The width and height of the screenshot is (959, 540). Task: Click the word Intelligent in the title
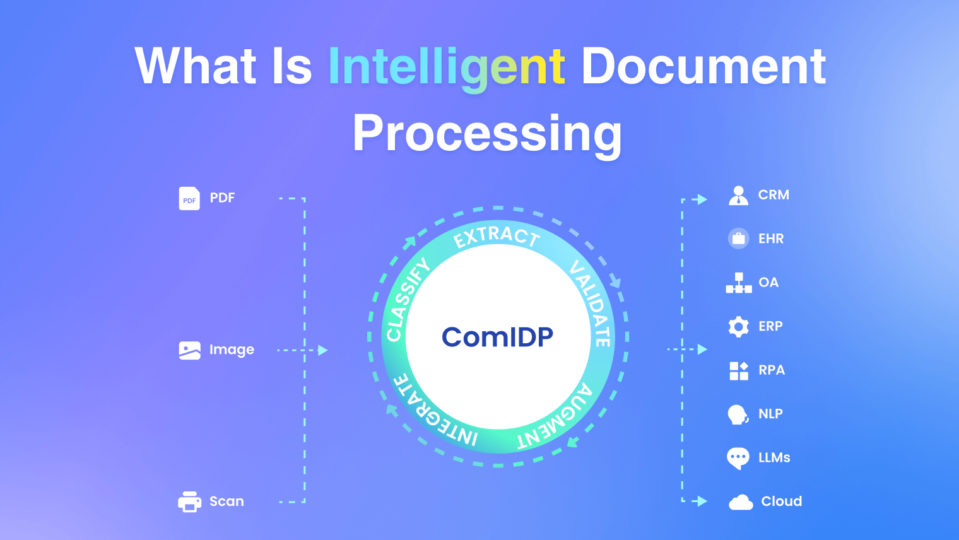click(446, 67)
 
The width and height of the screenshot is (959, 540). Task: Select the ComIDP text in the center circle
click(497, 337)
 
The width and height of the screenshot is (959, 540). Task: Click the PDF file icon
click(189, 198)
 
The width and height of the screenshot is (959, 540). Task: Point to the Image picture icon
click(189, 350)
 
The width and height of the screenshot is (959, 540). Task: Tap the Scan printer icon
click(189, 502)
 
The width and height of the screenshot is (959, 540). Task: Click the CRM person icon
click(738, 196)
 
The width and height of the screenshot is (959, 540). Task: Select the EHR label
click(771, 238)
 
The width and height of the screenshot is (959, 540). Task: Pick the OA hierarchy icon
click(738, 283)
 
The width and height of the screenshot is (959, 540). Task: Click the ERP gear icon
click(738, 327)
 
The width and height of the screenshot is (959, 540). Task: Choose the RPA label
click(772, 370)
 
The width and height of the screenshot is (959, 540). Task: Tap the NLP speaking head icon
click(738, 414)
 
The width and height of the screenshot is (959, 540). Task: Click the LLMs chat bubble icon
click(738, 458)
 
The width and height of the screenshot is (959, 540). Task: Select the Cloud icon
click(741, 502)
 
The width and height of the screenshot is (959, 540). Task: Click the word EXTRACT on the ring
click(497, 236)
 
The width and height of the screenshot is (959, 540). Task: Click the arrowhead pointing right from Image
click(323, 350)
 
